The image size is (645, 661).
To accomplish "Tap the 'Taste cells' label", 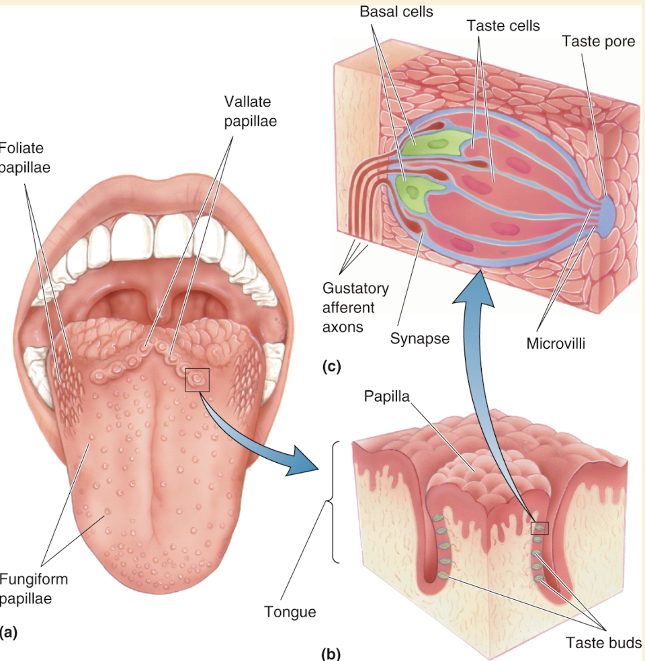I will click(503, 26).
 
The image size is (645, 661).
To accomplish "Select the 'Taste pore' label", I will click(598, 42).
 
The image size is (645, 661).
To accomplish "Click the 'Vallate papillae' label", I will click(250, 113).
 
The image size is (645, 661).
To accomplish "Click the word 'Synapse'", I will click(420, 338).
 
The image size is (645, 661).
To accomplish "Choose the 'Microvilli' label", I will click(556, 343).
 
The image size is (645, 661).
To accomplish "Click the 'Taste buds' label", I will click(603, 642).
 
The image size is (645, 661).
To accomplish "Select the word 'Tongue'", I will click(290, 611).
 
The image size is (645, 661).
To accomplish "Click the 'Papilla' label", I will click(386, 395).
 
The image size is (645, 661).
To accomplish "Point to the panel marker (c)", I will click(331, 367).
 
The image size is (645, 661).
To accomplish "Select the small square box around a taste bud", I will click(540, 528).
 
